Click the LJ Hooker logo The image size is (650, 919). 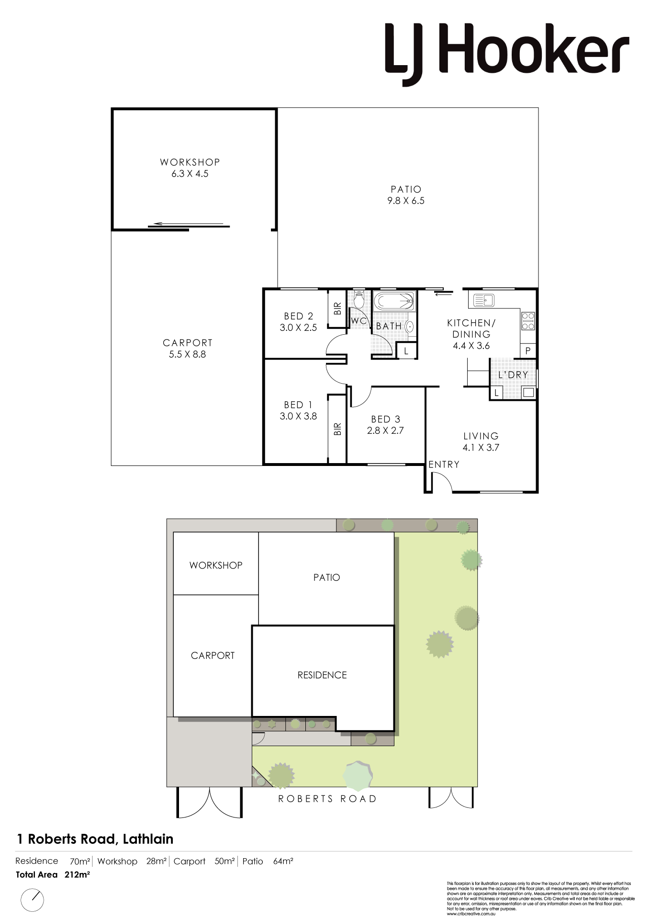pos(507,54)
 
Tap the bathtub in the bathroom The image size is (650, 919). pos(394,302)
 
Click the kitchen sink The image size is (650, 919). pos(483,300)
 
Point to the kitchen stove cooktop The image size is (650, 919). pos(528,321)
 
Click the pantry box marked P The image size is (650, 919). pos(528,351)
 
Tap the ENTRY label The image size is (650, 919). pos(444,465)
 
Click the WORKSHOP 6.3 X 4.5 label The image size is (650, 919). pos(190,168)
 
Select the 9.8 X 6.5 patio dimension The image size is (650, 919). pos(406,201)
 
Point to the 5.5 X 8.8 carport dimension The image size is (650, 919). pos(187,354)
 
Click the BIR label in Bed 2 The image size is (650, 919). pos(337,308)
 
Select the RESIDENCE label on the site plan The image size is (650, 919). pos(322,675)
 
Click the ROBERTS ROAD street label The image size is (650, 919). pos(327,799)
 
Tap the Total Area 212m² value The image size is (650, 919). pos(77,874)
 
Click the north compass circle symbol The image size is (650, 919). pos(33,900)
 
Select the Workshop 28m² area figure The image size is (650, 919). pos(157,861)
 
